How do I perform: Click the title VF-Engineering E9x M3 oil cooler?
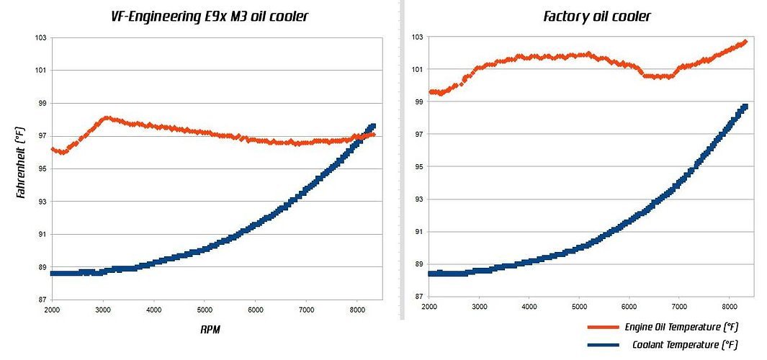(x=210, y=15)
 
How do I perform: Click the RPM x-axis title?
(x=211, y=330)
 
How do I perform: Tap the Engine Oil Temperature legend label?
(x=681, y=327)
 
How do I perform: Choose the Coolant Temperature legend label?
(x=685, y=344)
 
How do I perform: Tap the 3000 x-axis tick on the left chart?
(x=103, y=310)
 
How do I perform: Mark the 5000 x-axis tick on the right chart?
(x=579, y=306)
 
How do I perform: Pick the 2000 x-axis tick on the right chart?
(x=429, y=306)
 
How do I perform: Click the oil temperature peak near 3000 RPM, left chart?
(x=106, y=117)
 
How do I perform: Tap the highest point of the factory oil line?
(x=745, y=42)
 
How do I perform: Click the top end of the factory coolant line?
(x=745, y=107)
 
